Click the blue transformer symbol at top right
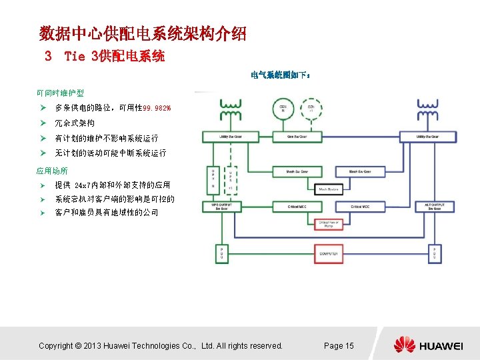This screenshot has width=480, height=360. [x=427, y=110]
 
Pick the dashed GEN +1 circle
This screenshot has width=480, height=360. [x=311, y=109]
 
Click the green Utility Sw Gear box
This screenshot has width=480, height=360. [x=225, y=137]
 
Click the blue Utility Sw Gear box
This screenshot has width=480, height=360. [x=428, y=137]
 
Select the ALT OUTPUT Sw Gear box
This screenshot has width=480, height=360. [x=428, y=207]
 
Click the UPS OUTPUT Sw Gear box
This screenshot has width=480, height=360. [x=220, y=207]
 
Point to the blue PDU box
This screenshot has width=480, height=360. [x=428, y=253]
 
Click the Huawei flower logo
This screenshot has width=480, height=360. [x=404, y=345]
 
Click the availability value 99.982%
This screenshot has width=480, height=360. [x=157, y=108]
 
